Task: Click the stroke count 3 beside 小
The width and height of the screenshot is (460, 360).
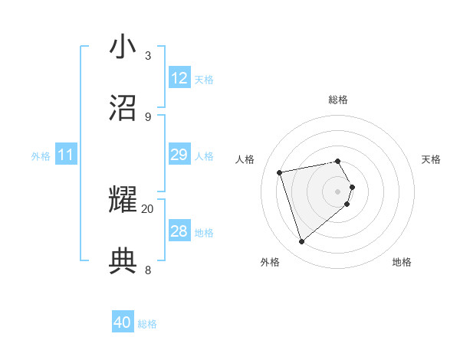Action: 148,55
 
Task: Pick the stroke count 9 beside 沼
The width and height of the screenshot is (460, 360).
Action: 148,116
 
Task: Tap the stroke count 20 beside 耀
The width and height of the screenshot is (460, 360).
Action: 148,208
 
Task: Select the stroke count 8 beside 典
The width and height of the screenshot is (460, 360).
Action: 148,270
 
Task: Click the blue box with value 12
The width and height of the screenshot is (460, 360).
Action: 179,78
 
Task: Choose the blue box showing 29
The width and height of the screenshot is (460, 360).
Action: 179,155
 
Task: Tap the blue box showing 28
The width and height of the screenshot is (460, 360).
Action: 179,232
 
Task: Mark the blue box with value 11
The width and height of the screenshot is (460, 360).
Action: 66,155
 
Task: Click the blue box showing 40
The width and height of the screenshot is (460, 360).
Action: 123,323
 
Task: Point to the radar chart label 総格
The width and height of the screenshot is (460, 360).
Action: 338,100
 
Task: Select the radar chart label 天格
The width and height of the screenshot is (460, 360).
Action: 432,159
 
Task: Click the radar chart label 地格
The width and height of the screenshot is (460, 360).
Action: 402,262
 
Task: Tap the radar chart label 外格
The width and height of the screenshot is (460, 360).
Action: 270,262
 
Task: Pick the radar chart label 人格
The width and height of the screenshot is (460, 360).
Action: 245,159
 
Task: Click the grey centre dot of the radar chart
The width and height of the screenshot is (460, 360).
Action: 338,191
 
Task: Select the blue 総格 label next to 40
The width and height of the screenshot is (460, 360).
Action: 147,324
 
